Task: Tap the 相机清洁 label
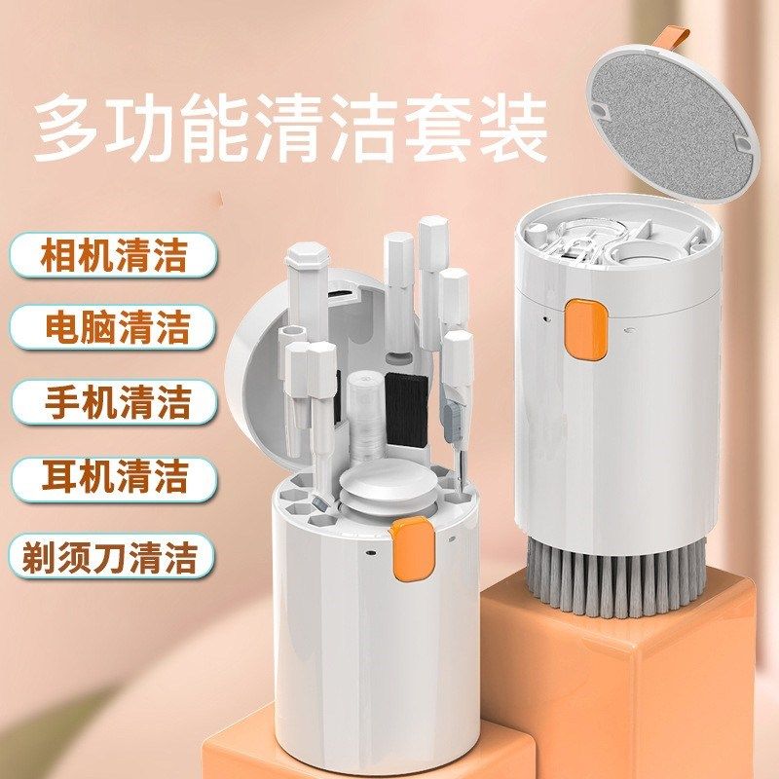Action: click(115, 255)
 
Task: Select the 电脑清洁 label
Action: click(115, 328)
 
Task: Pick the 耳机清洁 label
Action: click(115, 477)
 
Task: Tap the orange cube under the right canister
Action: click(623, 682)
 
